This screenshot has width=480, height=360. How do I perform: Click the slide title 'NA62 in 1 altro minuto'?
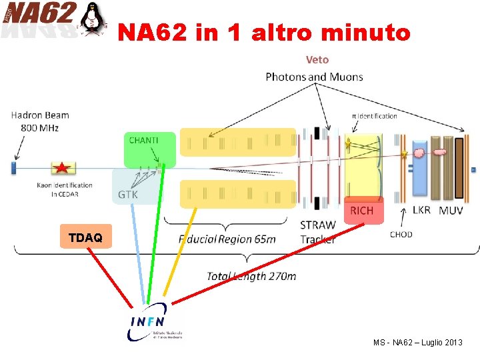[264, 32]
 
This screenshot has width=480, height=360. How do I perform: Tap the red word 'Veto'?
[317, 60]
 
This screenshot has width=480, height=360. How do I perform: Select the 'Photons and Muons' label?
[314, 77]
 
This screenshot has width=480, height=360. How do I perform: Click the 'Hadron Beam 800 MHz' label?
[39, 121]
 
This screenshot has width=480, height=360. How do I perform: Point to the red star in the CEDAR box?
[62, 168]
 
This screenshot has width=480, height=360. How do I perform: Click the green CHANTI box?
[150, 149]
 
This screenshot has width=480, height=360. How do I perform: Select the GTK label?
[129, 195]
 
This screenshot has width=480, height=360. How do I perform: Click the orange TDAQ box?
[85, 237]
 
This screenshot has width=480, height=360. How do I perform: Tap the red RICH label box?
[362, 211]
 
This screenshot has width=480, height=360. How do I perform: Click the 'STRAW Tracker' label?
[318, 232]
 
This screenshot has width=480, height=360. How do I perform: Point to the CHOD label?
[401, 234]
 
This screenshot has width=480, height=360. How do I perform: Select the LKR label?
[421, 211]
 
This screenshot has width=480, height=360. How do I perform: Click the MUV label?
[451, 211]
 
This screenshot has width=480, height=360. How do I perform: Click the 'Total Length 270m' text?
[251, 275]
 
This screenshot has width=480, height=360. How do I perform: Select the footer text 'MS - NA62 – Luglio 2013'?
[417, 342]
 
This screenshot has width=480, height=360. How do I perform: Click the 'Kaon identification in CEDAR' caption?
[65, 189]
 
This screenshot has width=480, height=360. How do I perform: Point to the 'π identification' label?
[374, 116]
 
